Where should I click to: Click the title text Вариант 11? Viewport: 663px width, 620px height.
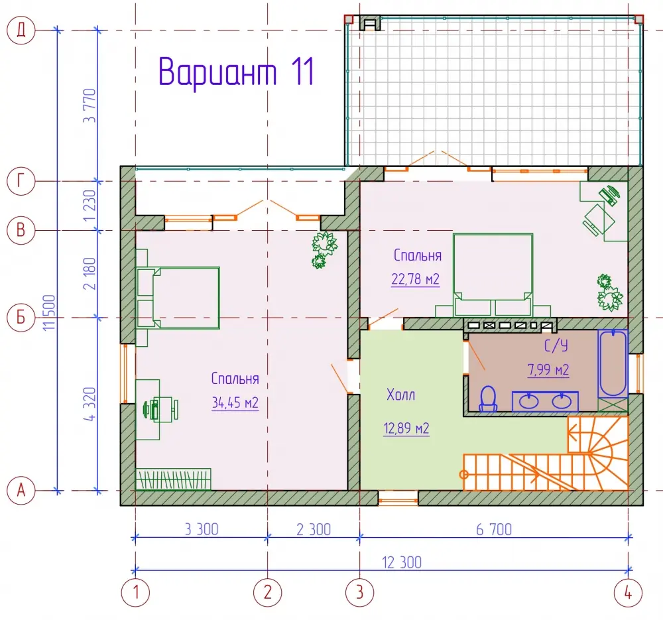click(x=237, y=72)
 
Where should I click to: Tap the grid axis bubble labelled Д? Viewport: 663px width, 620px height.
click(x=21, y=30)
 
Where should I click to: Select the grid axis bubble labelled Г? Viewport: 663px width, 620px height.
click(x=21, y=181)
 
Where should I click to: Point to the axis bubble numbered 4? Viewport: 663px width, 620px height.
click(x=628, y=593)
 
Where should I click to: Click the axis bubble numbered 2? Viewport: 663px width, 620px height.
click(x=267, y=593)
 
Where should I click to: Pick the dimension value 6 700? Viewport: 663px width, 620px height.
click(x=494, y=530)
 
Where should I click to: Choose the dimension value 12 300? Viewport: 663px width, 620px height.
click(x=402, y=562)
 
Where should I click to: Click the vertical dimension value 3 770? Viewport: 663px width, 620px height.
click(x=90, y=105)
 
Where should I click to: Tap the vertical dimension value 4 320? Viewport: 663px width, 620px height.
click(x=90, y=404)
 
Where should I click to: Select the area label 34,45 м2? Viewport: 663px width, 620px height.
click(x=235, y=403)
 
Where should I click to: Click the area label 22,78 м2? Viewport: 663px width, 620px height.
click(x=415, y=279)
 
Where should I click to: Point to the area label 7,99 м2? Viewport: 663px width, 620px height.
click(x=548, y=369)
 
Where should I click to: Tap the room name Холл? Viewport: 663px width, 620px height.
click(x=401, y=395)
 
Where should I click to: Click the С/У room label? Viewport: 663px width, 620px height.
click(x=556, y=345)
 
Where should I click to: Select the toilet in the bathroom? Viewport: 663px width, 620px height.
click(x=489, y=399)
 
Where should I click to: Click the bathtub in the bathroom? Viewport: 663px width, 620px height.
click(x=613, y=363)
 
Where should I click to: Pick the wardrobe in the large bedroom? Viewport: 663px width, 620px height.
click(x=173, y=479)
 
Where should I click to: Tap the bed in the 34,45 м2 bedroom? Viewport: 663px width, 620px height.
click(x=178, y=298)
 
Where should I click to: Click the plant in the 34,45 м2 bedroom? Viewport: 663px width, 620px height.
click(x=324, y=249)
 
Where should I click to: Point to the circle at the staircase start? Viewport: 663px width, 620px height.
click(x=464, y=475)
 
